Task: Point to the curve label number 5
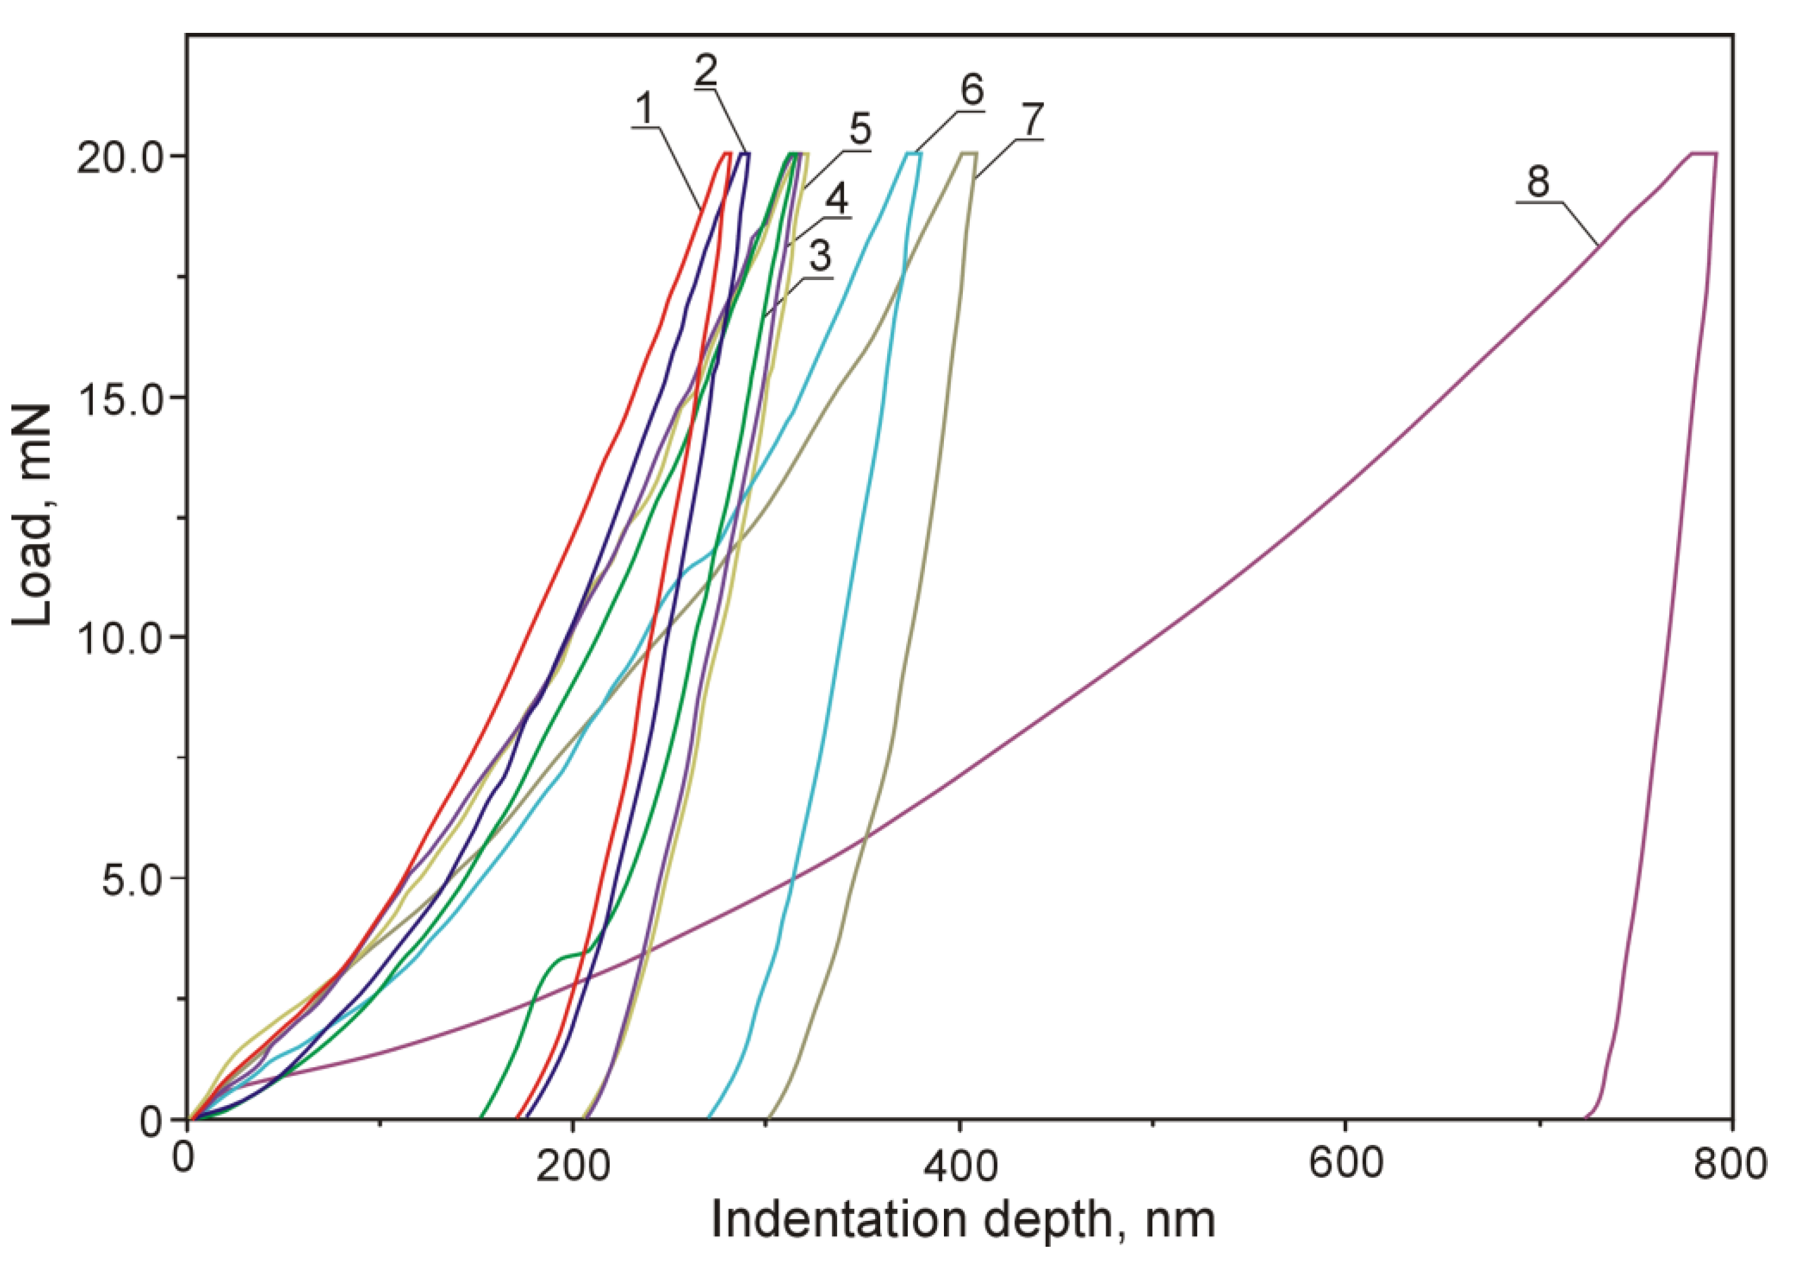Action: pos(860,129)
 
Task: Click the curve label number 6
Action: pos(972,90)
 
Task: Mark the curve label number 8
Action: pos(1538,181)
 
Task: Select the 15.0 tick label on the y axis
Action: pos(119,397)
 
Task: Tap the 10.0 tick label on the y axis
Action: pos(119,637)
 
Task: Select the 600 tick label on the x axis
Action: pos(1346,1165)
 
